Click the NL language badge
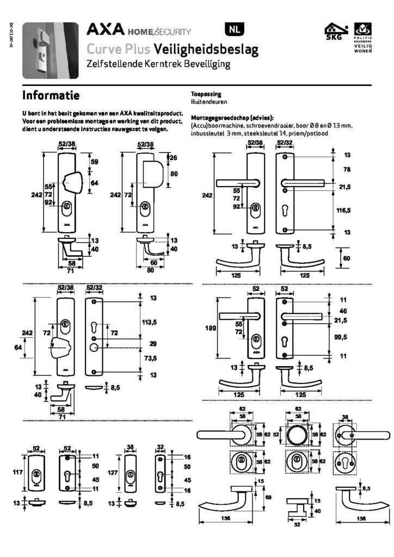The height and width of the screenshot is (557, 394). tap(233, 30)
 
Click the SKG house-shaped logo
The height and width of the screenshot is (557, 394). tap(333, 31)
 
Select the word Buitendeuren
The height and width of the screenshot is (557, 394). tap(209, 102)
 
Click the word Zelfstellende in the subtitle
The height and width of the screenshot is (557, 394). tap(112, 65)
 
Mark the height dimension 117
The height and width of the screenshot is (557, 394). tap(17, 473)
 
